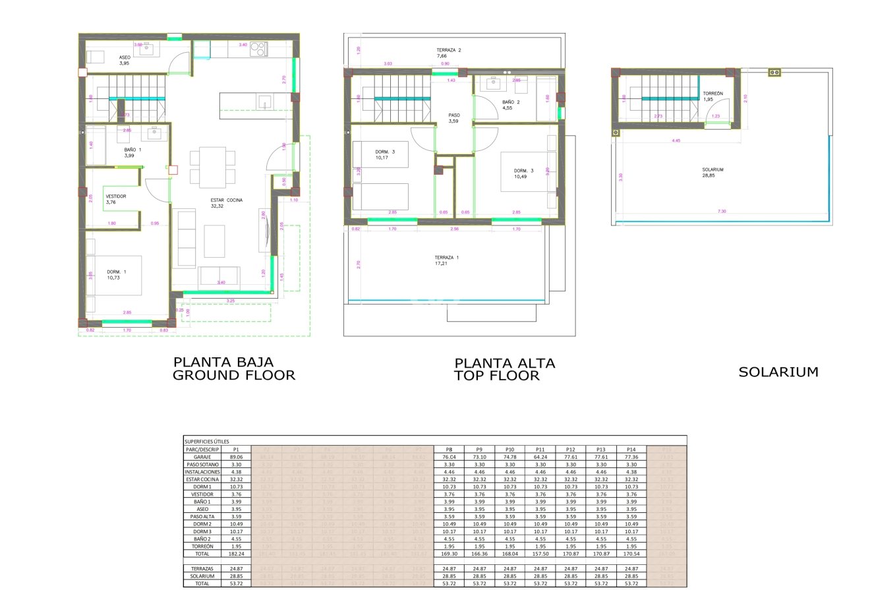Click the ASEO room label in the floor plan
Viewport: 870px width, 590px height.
[125, 57]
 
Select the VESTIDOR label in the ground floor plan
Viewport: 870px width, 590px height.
[116, 196]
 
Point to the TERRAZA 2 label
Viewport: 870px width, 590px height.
[448, 50]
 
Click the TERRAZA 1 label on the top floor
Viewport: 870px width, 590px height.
[446, 257]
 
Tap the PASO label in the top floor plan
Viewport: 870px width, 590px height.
[454, 115]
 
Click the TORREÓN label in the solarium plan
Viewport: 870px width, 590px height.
[712, 94]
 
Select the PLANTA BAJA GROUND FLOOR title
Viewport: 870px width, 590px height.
[233, 369]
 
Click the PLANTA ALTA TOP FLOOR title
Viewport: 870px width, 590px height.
[504, 370]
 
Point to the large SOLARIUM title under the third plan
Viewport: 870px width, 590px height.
[778, 372]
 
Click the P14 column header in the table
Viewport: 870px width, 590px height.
[631, 449]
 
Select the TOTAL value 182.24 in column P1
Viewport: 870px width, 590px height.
[236, 554]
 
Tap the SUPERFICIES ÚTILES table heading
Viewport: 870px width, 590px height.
[208, 442]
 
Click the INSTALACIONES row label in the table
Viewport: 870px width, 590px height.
[202, 472]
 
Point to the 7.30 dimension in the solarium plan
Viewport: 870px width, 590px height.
[722, 212]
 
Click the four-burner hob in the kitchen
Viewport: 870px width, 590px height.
[258, 49]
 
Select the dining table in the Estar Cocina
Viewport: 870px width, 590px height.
[212, 167]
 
